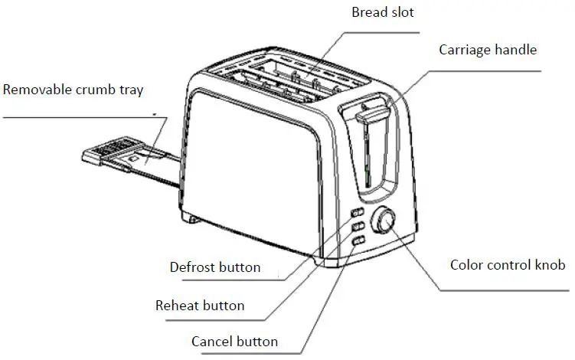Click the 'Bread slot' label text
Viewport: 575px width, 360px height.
382,12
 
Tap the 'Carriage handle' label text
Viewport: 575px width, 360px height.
488,50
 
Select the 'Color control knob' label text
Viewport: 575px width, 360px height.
507,265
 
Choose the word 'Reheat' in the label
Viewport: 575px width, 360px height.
177,306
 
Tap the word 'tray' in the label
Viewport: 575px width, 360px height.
129,90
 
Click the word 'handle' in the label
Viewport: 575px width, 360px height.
517,50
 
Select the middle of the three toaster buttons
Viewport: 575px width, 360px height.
357,227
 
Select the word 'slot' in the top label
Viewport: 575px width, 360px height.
401,12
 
